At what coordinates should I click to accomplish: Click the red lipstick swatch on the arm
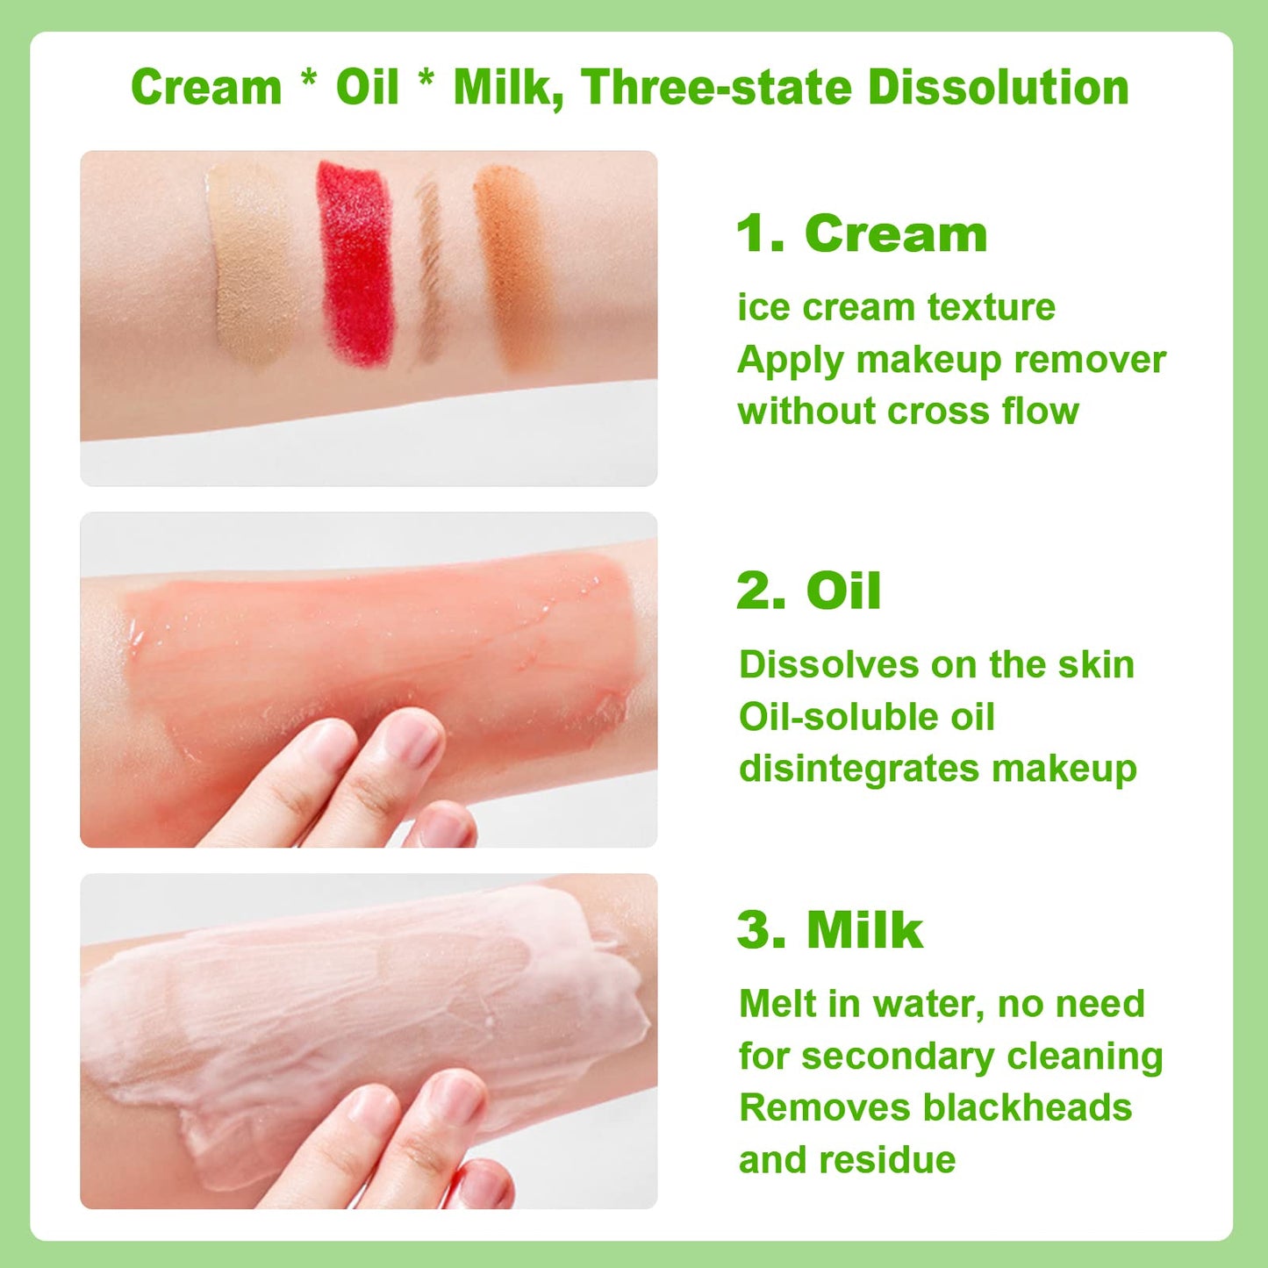click(x=354, y=263)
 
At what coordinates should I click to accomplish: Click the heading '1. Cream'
click(x=862, y=233)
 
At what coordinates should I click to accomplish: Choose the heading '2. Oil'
click(x=809, y=591)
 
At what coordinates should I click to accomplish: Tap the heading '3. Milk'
click(x=830, y=930)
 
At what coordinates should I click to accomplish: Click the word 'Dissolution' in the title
click(x=999, y=87)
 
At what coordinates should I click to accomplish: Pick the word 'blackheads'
click(x=1028, y=1107)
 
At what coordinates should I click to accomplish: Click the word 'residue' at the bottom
click(x=888, y=1159)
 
